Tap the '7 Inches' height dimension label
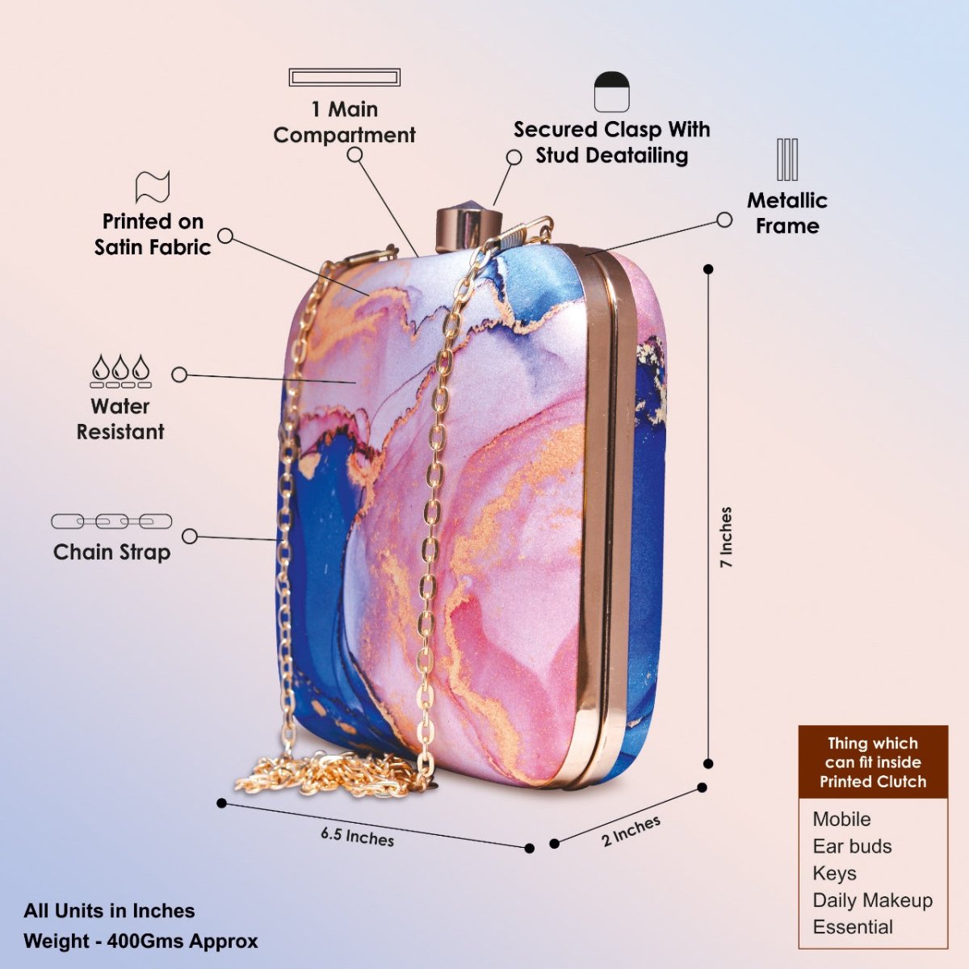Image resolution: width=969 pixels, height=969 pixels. (x=726, y=537)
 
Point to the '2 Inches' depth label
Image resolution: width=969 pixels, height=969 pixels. (x=631, y=830)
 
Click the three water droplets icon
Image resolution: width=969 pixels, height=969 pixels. (x=120, y=370)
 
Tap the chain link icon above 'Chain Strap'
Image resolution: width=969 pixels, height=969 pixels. (x=111, y=522)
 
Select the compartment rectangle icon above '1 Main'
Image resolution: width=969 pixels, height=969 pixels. (x=345, y=78)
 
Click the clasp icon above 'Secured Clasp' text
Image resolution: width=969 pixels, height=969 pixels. (x=611, y=92)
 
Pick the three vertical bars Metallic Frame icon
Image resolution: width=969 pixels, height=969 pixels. (x=787, y=159)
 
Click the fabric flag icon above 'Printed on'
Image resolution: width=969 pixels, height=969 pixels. (x=153, y=187)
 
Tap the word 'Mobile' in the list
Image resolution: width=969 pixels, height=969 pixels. (x=841, y=819)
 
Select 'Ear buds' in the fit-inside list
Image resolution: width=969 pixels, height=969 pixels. (x=852, y=846)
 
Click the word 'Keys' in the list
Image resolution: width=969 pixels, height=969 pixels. (x=834, y=873)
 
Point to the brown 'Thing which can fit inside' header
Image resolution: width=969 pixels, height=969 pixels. (x=873, y=762)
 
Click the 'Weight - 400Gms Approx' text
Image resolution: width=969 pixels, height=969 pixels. (x=141, y=941)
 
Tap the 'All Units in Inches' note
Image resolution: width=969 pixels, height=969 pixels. (x=109, y=911)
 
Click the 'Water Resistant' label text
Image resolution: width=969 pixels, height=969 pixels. (x=120, y=418)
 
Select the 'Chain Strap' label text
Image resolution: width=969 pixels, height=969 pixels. (x=111, y=552)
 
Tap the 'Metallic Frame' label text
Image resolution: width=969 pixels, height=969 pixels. (x=787, y=213)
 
